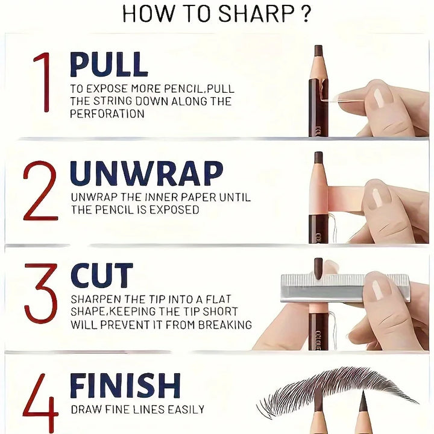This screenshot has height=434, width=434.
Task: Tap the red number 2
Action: (x=40, y=191)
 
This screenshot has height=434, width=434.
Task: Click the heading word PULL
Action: (x=108, y=64)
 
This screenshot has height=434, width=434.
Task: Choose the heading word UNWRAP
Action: (x=146, y=174)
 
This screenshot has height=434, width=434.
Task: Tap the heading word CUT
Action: (x=101, y=276)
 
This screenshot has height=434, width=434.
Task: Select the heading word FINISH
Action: (x=125, y=386)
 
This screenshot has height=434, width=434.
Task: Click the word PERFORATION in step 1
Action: (x=107, y=113)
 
